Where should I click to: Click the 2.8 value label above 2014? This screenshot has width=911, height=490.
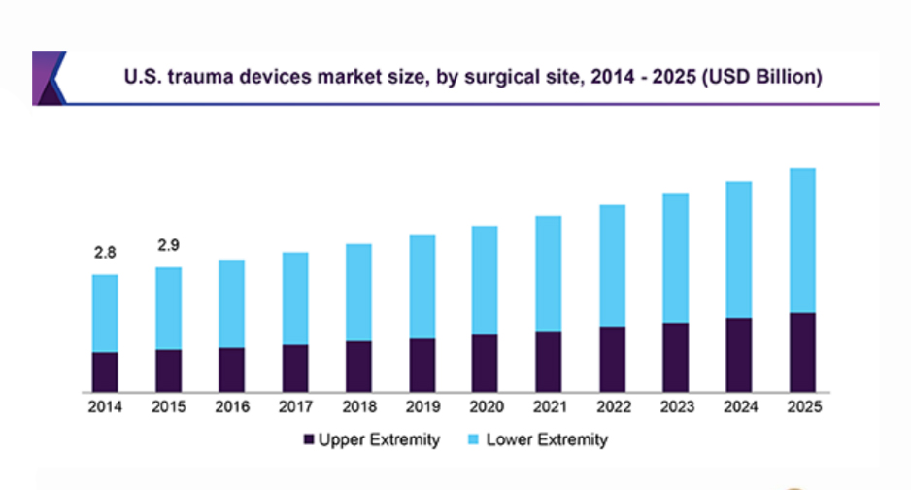point(105,253)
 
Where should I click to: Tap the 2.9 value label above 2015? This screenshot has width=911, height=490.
point(168,245)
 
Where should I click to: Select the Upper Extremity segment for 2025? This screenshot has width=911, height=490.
point(801,352)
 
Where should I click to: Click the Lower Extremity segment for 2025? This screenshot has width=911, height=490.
point(801,240)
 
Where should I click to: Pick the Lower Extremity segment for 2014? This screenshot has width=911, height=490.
point(105,313)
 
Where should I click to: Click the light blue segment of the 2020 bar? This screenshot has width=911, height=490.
point(485,280)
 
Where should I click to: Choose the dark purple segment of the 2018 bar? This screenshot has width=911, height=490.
point(358,366)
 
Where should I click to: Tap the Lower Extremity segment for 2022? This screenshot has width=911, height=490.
point(612,265)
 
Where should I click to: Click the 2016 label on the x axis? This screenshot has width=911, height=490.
point(231,407)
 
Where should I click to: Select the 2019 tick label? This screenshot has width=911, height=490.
point(422,407)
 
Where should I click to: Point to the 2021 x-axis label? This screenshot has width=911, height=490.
point(548,407)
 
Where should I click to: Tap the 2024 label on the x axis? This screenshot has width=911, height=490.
point(738,407)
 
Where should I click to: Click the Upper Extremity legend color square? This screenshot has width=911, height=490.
point(310,440)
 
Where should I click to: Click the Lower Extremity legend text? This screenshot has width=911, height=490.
point(547,440)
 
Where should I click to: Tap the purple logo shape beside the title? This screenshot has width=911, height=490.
point(49,77)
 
